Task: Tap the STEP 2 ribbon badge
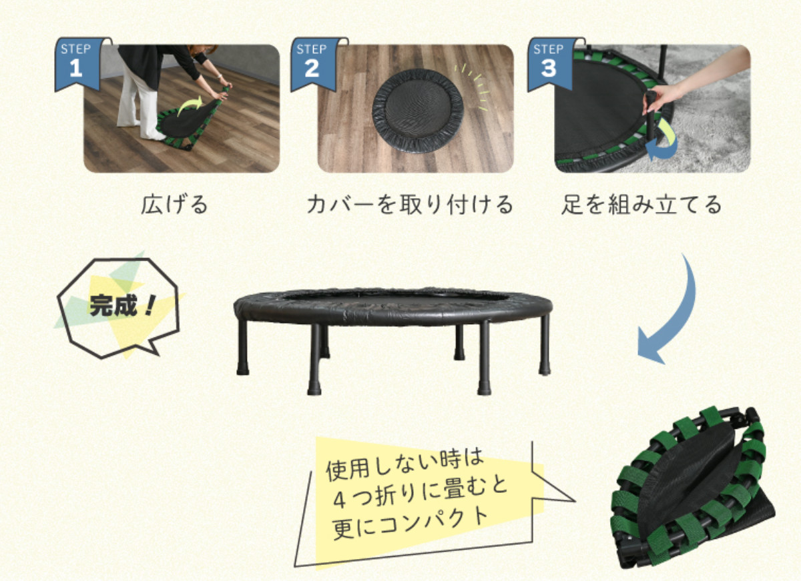pos(314,63)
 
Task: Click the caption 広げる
pos(174,204)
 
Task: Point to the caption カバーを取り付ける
pos(410,204)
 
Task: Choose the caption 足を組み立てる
pos(641,204)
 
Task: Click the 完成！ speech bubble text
pos(122,306)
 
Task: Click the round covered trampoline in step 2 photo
pos(418,112)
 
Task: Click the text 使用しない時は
pos(405,466)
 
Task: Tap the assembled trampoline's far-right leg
pos(545,345)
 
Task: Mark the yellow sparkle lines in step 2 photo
pos(472,87)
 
